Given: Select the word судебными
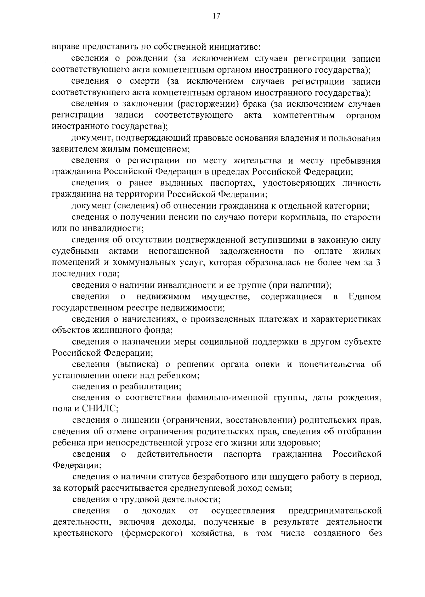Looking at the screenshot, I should pos(75,251).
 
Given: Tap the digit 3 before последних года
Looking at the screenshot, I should pos(378,263).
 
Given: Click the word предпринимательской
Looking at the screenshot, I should pos(335,511).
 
